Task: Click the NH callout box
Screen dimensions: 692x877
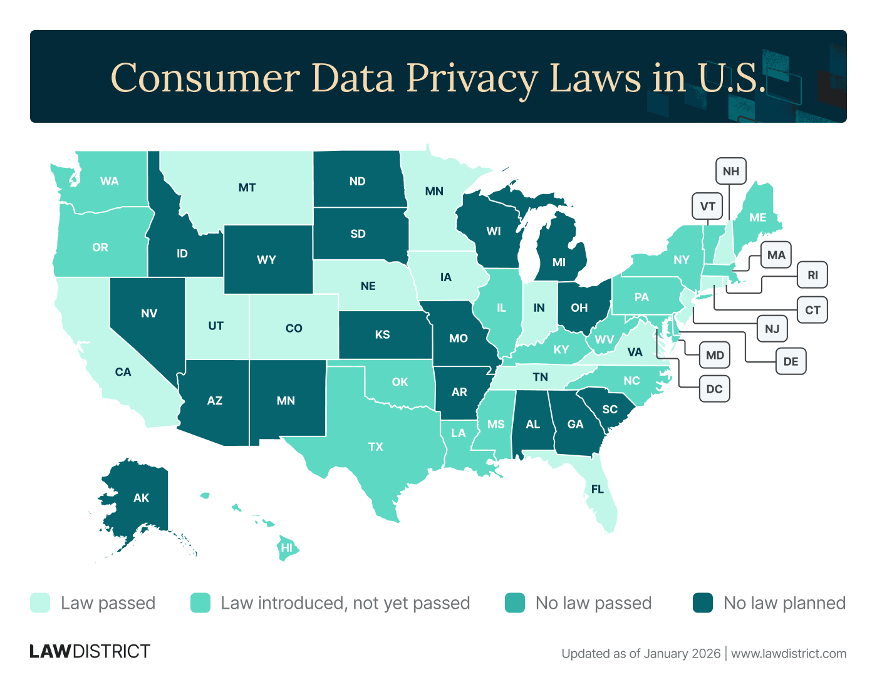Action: [731, 171]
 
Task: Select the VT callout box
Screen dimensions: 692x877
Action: [708, 207]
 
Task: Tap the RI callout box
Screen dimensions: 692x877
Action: [812, 275]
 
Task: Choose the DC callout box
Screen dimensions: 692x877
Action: [714, 389]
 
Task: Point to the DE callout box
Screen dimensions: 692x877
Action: [791, 361]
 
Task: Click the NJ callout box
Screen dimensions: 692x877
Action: [772, 329]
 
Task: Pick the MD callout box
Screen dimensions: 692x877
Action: [715, 356]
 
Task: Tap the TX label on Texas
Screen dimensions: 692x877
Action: [376, 447]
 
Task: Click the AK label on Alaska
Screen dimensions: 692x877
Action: [142, 498]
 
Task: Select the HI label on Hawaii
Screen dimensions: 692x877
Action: [287, 548]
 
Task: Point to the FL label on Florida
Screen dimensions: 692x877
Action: [598, 488]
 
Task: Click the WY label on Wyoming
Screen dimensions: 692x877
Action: [267, 259]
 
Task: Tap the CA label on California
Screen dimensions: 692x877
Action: [123, 372]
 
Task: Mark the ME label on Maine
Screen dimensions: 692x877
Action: [758, 217]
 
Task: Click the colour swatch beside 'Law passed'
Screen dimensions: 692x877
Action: [40, 603]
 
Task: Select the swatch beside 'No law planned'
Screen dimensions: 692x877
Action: [703, 603]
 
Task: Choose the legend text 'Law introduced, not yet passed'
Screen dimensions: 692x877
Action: [345, 603]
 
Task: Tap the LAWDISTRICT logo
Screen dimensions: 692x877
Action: [90, 651]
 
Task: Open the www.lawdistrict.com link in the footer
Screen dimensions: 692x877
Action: [789, 654]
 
